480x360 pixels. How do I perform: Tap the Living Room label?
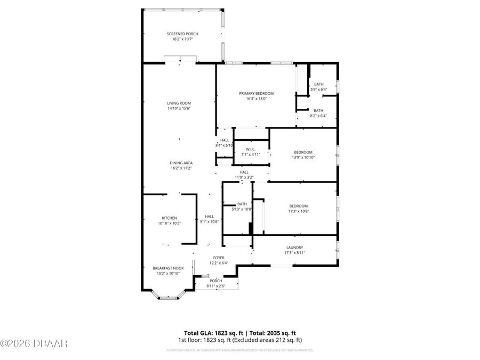click(x=179, y=103)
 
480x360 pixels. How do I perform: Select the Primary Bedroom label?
click(x=256, y=93)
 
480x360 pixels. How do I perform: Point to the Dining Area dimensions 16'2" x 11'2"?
click(x=181, y=168)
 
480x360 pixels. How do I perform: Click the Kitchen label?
click(x=169, y=218)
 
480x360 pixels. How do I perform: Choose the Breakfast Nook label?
click(x=168, y=268)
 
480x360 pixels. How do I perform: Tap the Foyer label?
click(x=219, y=258)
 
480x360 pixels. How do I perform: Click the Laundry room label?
click(x=294, y=247)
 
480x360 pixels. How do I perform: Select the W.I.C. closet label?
click(x=250, y=149)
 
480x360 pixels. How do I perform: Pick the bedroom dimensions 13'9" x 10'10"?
click(x=303, y=157)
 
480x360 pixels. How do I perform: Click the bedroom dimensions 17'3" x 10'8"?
click(x=298, y=211)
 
